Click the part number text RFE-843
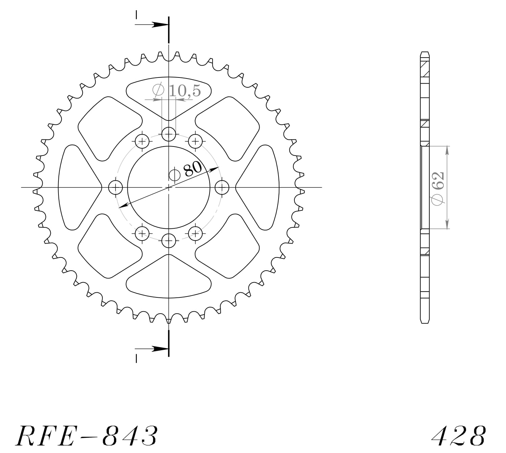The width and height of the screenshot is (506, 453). pos(86,436)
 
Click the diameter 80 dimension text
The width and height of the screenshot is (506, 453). pos(192,169)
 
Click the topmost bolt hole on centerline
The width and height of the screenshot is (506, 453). pos(169,134)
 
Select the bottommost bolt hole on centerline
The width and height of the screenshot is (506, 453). pos(169,241)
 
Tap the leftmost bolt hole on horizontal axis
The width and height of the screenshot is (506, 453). pos(115,187)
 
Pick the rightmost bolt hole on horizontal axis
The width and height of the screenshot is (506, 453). pos(222,187)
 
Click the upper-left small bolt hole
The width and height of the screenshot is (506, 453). pos(142,141)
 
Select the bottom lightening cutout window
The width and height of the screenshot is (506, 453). pos(169,279)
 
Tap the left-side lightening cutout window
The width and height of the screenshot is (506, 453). pos(76,187)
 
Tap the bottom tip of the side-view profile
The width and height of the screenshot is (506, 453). pos(425,322)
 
